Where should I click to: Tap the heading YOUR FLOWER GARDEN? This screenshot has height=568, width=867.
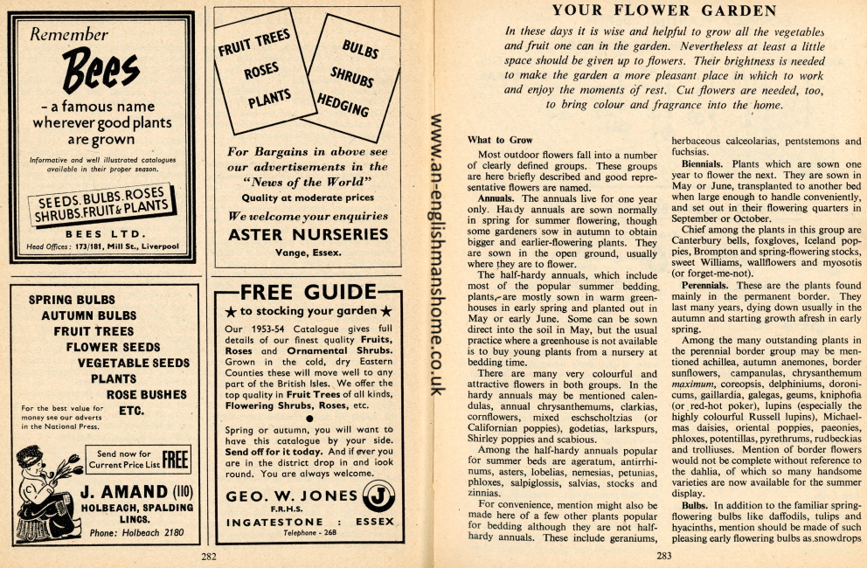pyautogui.click(x=664, y=10)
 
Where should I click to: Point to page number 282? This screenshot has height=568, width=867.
pyautogui.click(x=209, y=556)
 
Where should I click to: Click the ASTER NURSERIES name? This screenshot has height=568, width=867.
pyautogui.click(x=308, y=234)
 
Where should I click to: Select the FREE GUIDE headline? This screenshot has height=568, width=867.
pyautogui.click(x=308, y=292)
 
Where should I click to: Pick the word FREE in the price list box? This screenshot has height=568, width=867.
pyautogui.click(x=176, y=459)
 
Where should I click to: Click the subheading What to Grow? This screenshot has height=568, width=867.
pyautogui.click(x=499, y=140)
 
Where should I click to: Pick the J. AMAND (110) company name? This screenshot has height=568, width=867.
pyautogui.click(x=135, y=493)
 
